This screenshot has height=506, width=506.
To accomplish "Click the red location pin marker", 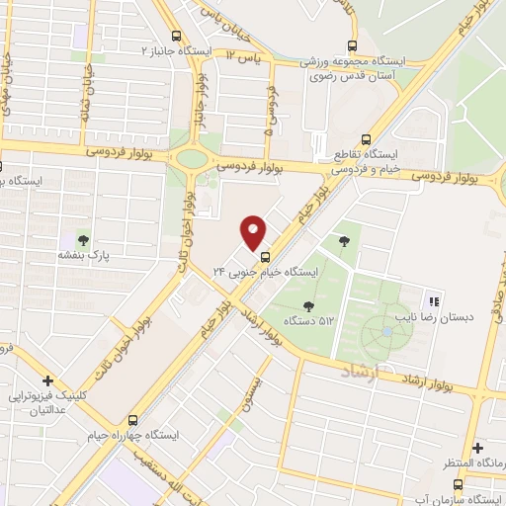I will tap(254, 231).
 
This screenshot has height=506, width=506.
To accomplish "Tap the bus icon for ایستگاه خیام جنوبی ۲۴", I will tap(263, 255).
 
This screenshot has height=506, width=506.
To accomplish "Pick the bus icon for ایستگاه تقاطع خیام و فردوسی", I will tap(366, 139).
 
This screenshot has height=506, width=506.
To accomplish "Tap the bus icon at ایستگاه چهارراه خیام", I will tap(132, 418).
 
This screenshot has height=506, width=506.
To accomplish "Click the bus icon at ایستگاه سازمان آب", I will tap(457, 484).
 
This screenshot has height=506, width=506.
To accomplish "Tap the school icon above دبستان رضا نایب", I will tap(433, 301).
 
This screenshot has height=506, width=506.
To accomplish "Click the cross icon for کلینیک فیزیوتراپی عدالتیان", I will tap(46, 380).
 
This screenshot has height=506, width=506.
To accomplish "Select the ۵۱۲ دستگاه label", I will tap(309, 320).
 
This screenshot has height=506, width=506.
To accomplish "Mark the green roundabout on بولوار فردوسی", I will tap(192, 159).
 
